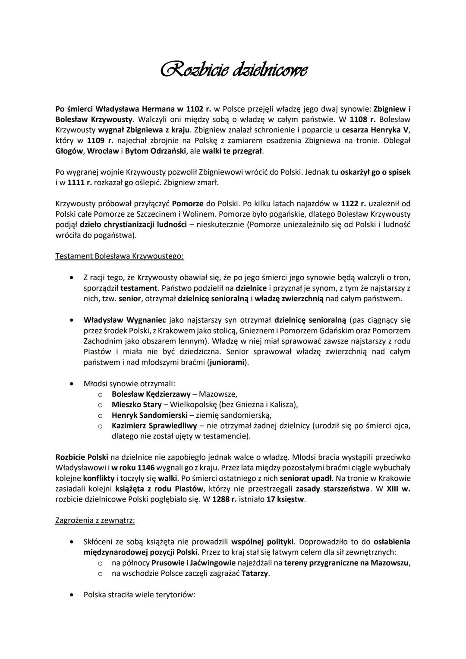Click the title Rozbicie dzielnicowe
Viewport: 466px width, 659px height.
click(233, 69)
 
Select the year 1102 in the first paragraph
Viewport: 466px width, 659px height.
click(195, 108)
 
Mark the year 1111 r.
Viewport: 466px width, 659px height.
click(80, 183)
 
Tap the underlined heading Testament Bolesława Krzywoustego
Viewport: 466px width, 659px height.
click(120, 256)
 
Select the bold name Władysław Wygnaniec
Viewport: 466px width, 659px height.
click(124, 320)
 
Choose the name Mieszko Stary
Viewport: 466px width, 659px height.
click(136, 404)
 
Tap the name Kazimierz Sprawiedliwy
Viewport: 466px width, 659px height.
click(154, 426)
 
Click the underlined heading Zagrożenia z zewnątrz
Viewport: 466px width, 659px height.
click(95, 520)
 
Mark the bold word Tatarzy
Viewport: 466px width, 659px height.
click(255, 573)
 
